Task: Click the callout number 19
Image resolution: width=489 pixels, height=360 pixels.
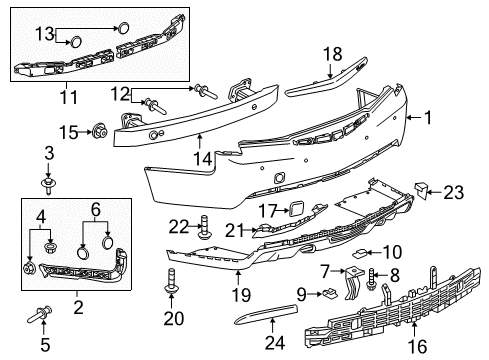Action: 238,296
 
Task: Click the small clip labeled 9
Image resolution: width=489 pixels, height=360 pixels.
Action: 328,293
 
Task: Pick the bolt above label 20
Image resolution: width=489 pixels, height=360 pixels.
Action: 170,291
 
